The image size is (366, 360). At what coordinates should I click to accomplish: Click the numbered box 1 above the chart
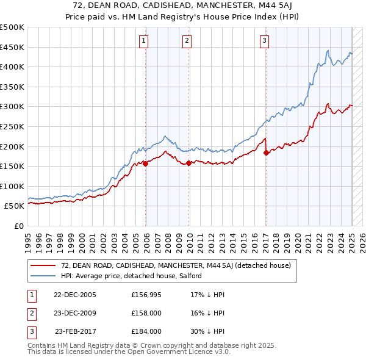(x=144, y=41)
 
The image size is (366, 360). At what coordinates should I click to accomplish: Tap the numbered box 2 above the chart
(x=187, y=41)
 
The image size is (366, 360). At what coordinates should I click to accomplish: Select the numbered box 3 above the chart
(x=264, y=41)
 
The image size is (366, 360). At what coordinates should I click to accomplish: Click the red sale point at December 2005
(x=146, y=163)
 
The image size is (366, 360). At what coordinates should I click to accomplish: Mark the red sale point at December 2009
(x=189, y=163)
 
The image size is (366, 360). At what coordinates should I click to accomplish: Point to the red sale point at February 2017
(x=266, y=153)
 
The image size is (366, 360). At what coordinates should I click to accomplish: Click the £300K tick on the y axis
(x=13, y=107)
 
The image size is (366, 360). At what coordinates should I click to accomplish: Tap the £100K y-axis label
(x=13, y=186)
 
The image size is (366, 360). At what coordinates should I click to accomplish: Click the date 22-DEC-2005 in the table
(x=75, y=295)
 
